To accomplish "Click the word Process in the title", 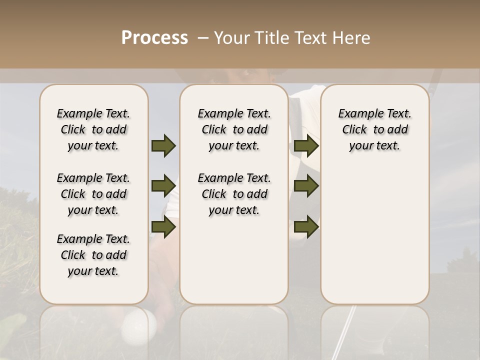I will pos(154,38).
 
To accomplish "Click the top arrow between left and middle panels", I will pos(163,146).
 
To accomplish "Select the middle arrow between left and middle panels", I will pos(163,186).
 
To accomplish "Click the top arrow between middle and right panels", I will pos(306,146).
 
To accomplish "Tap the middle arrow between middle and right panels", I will pos(306,186).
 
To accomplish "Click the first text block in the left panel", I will pos(93,129).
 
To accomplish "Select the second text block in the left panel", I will pos(93,194).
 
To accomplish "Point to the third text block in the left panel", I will pos(93,255).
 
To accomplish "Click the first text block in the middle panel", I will pos(234,129).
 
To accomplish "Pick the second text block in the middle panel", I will pos(234,194).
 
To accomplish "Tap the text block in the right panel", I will pos(375,129).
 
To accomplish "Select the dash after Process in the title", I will pos(203,38).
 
